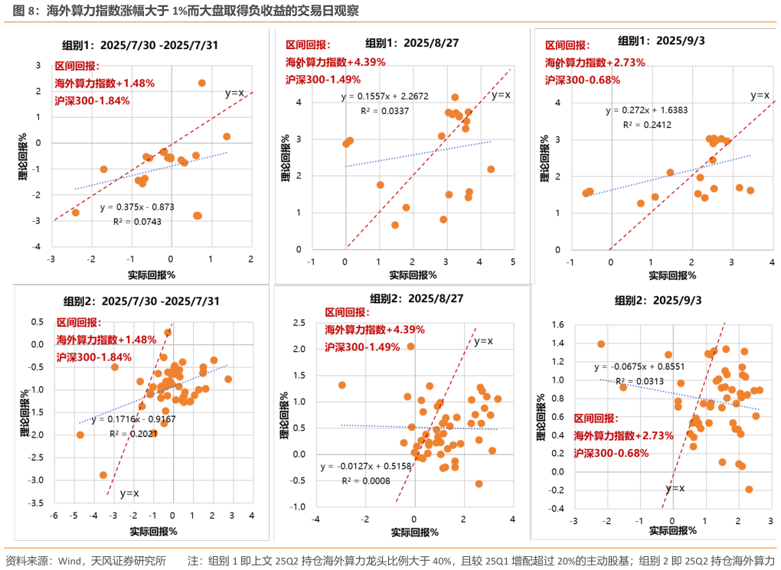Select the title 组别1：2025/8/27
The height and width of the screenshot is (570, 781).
[x=412, y=43]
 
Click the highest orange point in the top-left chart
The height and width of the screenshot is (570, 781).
[x=202, y=83]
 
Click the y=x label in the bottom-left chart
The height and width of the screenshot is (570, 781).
[x=129, y=493]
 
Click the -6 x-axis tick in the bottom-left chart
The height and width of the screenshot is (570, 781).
[x=54, y=516]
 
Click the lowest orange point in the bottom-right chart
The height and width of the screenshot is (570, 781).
[x=749, y=489]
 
